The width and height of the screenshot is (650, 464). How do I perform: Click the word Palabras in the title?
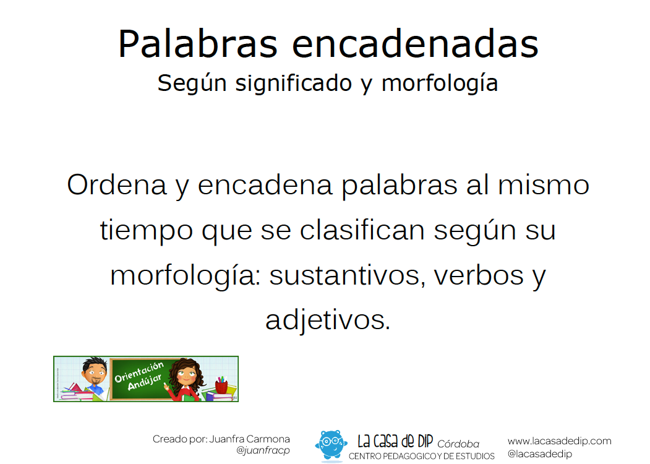coord(198,43)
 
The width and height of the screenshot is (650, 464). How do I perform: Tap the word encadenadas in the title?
coord(416,43)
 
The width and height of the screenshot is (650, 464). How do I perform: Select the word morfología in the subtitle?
coord(439,84)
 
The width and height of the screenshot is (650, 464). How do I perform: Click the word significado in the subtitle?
coord(294,84)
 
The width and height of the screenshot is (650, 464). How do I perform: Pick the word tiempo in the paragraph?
coord(147,231)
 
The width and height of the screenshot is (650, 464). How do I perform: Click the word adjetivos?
coord(328,320)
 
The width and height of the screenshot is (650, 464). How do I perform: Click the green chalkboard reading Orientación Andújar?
coord(140,379)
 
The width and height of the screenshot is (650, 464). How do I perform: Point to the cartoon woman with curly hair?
coord(187,379)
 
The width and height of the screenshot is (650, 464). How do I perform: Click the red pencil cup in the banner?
coord(222,385)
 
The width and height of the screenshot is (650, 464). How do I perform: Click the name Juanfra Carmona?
coord(249,439)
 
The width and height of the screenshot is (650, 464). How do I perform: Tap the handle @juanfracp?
coord(263,450)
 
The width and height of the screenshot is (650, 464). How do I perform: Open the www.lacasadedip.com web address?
coord(559,441)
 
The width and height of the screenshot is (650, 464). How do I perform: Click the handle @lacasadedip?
coord(540,454)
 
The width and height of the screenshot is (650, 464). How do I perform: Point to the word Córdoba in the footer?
coord(458,444)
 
